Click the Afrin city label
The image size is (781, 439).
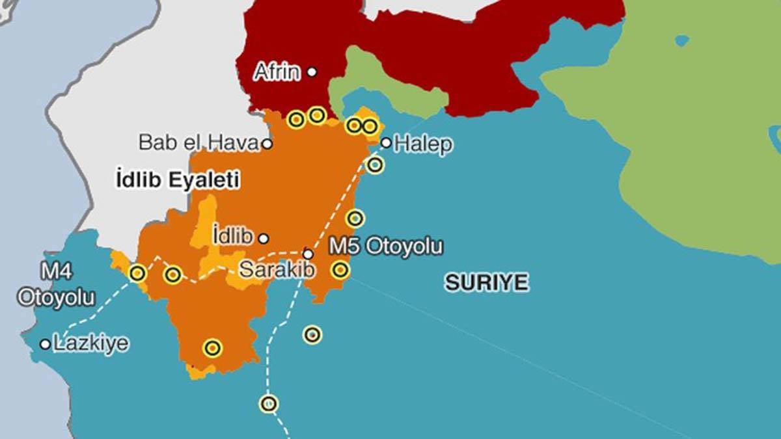[277, 72]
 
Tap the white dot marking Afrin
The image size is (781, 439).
[312, 72]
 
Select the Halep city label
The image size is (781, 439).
[422, 144]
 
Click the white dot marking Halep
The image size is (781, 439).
[386, 142]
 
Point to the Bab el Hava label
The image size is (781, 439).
[199, 142]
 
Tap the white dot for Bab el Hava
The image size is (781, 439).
[267, 144]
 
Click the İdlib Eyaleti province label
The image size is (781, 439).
[177, 180]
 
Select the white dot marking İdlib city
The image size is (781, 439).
[263, 238]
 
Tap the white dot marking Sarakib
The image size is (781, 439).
[308, 254]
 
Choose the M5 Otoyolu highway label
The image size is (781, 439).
[385, 246]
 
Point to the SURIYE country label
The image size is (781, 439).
[486, 282]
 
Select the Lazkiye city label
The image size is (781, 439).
[90, 343]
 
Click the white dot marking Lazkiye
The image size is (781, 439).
[45, 343]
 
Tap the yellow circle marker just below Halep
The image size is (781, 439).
[375, 165]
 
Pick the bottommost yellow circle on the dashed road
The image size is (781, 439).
[269, 404]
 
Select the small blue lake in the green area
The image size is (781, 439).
[681, 40]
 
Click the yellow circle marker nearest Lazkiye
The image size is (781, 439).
[137, 273]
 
